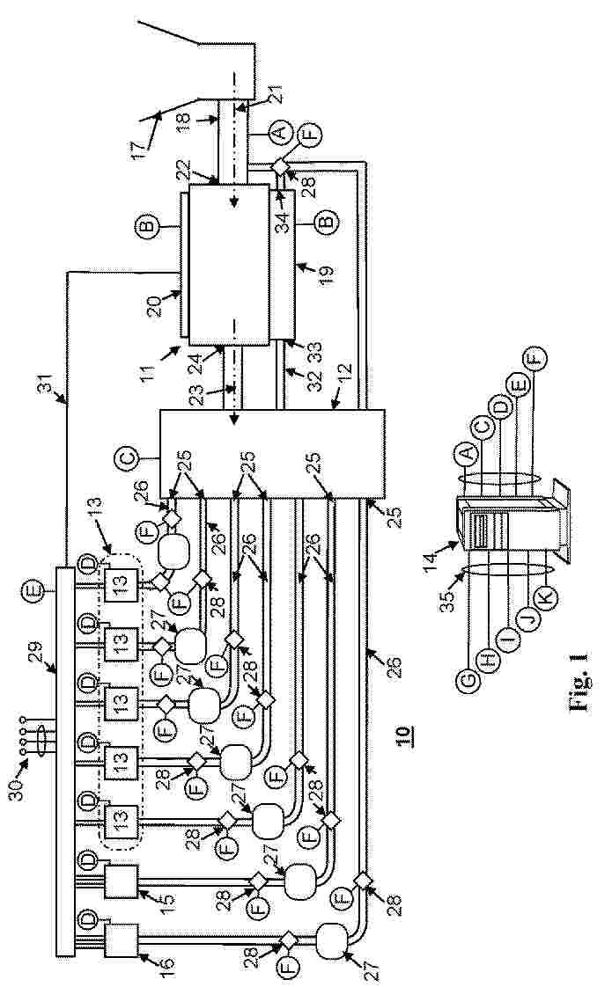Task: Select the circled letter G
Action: pyautogui.click(x=465, y=679)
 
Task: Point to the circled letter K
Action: pyautogui.click(x=546, y=596)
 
